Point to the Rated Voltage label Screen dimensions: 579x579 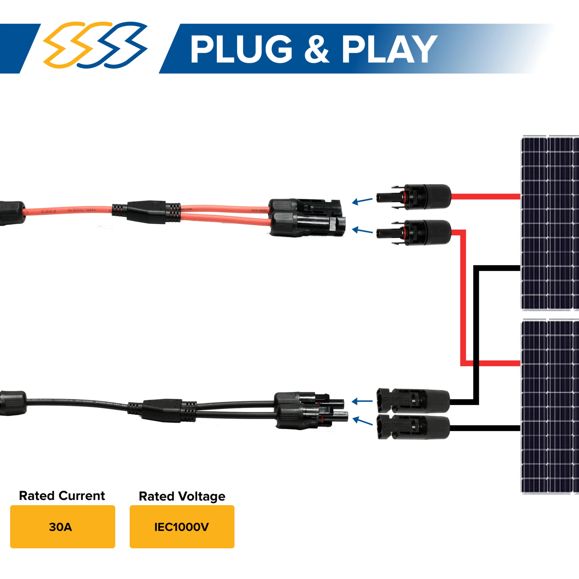pos(182,496)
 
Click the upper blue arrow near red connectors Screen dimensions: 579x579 pos(362,201)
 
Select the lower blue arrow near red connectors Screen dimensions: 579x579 pos(362,231)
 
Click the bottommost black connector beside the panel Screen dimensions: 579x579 pos(413,427)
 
